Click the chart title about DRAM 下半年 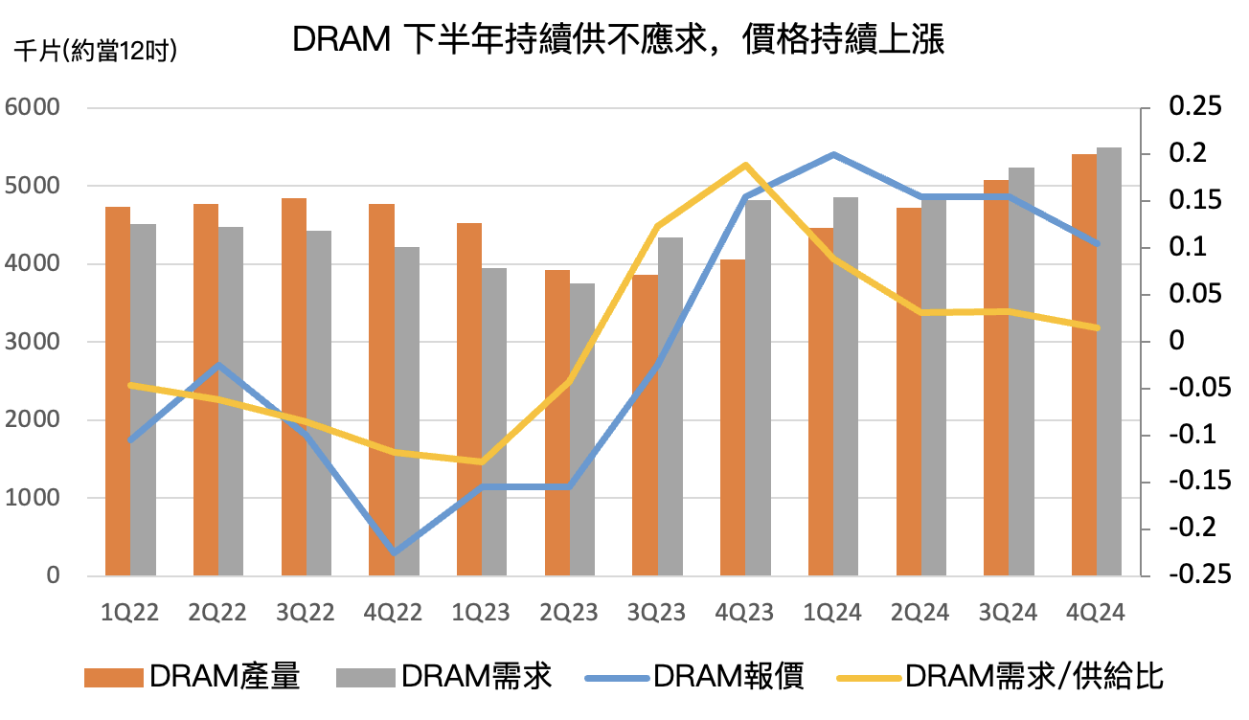click(x=618, y=40)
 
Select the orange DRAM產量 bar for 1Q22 click(x=117, y=392)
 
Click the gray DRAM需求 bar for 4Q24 click(x=1109, y=362)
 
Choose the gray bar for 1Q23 click(x=494, y=422)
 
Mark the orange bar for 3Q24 click(x=996, y=378)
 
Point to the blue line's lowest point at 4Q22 click(x=394, y=552)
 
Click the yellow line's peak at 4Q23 click(x=745, y=165)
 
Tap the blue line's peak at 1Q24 click(x=833, y=154)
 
